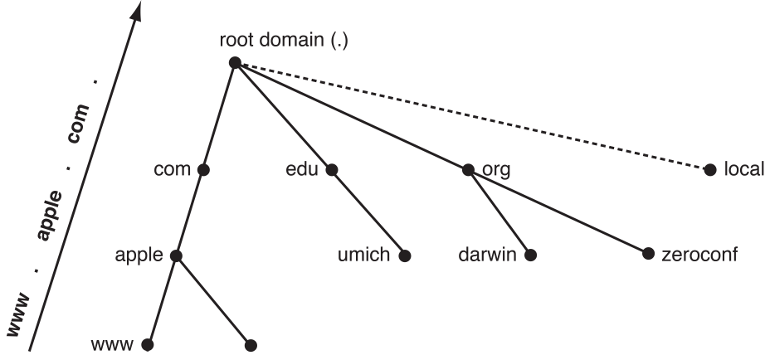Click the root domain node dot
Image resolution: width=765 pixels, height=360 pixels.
coord(235,62)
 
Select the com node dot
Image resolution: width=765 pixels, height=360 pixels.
coord(203,170)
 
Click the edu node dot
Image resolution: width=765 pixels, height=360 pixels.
coord(332,170)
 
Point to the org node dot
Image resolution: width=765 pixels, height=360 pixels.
coord(468,170)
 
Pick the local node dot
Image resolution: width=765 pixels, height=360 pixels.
coord(709,170)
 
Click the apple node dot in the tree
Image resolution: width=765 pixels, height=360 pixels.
coord(176,255)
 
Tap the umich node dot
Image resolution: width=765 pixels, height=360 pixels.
coord(405,255)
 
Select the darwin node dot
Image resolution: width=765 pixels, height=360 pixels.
coord(530,255)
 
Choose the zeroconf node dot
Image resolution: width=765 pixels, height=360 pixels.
coord(648,254)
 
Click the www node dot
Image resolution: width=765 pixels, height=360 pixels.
coord(148,343)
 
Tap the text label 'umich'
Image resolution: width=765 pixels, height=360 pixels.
coord(364,255)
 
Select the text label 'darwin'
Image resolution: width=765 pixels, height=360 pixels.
coord(489,255)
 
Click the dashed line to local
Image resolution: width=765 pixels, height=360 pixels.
coord(473,116)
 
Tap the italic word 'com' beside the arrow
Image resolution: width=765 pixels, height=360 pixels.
coord(79,147)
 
